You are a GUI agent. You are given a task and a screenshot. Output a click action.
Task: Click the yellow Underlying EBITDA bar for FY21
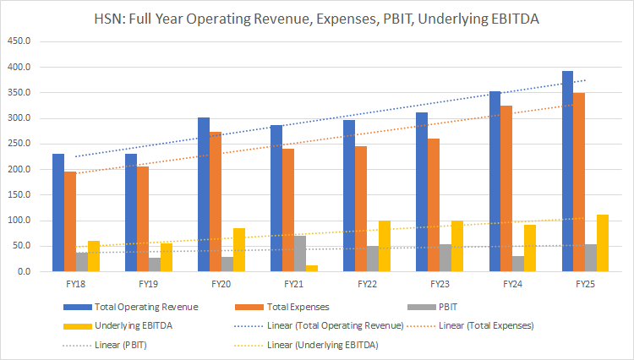312,269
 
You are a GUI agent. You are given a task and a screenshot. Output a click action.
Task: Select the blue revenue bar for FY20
204,194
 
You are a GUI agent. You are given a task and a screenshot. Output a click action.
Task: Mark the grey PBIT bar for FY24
518,264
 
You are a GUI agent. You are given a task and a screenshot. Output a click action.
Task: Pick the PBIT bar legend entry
456,307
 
